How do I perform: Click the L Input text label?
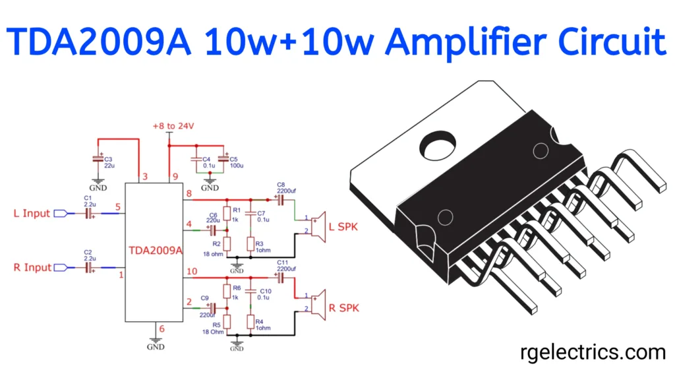coord(31,214)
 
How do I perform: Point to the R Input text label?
coord(31,268)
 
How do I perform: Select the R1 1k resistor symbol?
coord(227,213)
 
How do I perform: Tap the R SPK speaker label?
coord(343,308)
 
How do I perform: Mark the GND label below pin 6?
coord(155,346)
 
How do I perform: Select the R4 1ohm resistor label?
coord(262,324)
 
